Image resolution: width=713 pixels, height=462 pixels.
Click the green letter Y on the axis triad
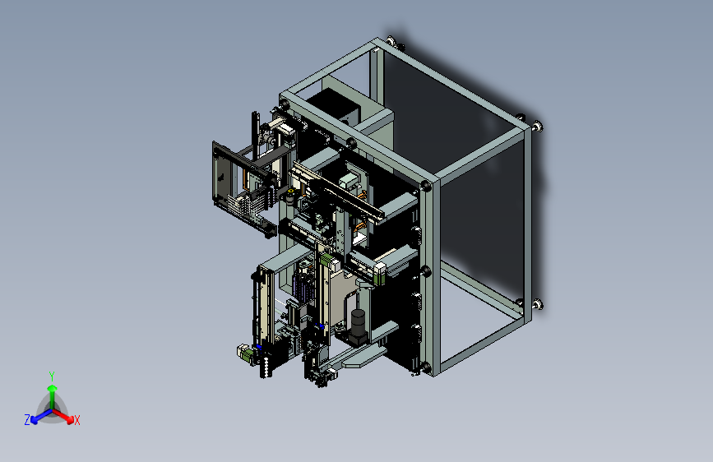coord(52,376)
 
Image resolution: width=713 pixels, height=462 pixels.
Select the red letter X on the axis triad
coord(76,420)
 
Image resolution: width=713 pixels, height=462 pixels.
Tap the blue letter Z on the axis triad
coord(27,420)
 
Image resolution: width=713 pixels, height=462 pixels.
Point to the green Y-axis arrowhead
coord(53,388)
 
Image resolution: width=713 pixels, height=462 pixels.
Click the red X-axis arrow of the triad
coord(63,416)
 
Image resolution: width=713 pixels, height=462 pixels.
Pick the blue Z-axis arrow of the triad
coord(41,416)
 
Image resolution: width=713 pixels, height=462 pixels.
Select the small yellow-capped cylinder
coord(290,196)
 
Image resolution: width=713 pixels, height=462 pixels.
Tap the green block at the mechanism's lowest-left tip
coord(245,353)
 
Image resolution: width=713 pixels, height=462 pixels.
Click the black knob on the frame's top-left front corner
coord(285,104)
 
